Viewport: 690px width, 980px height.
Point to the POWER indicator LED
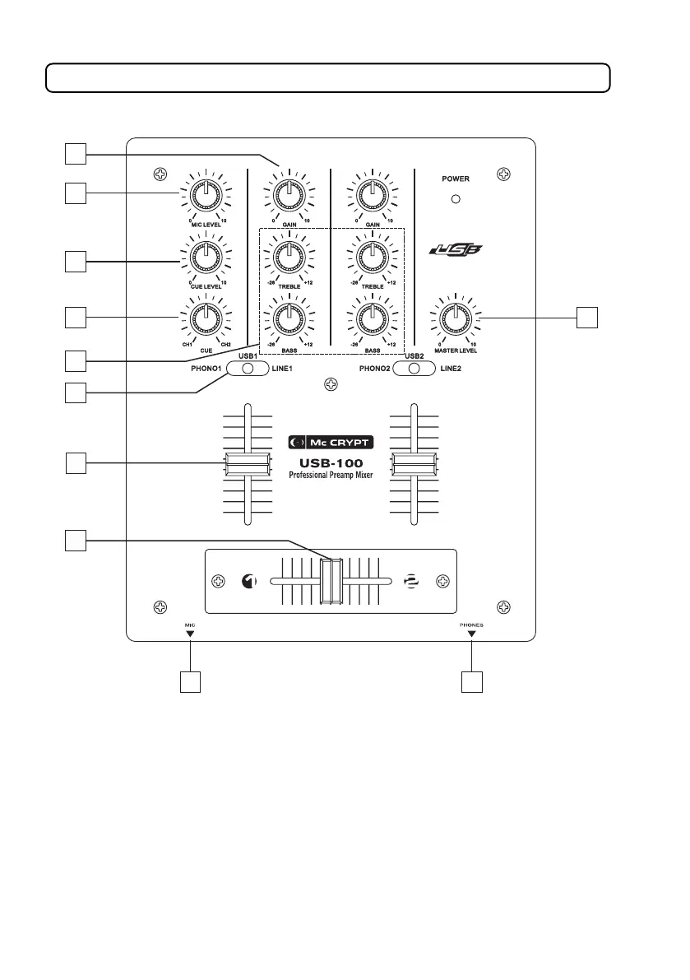(x=455, y=199)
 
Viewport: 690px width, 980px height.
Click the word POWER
(x=455, y=177)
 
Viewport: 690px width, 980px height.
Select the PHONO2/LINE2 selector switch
(x=414, y=369)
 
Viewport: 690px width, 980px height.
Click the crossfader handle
(x=331, y=582)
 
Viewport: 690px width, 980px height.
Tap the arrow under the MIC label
(x=190, y=634)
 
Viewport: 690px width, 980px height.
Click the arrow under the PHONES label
(x=471, y=634)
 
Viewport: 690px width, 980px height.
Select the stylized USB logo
(x=455, y=250)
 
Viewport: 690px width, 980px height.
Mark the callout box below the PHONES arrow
(x=471, y=681)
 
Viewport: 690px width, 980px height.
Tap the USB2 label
(x=414, y=355)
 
